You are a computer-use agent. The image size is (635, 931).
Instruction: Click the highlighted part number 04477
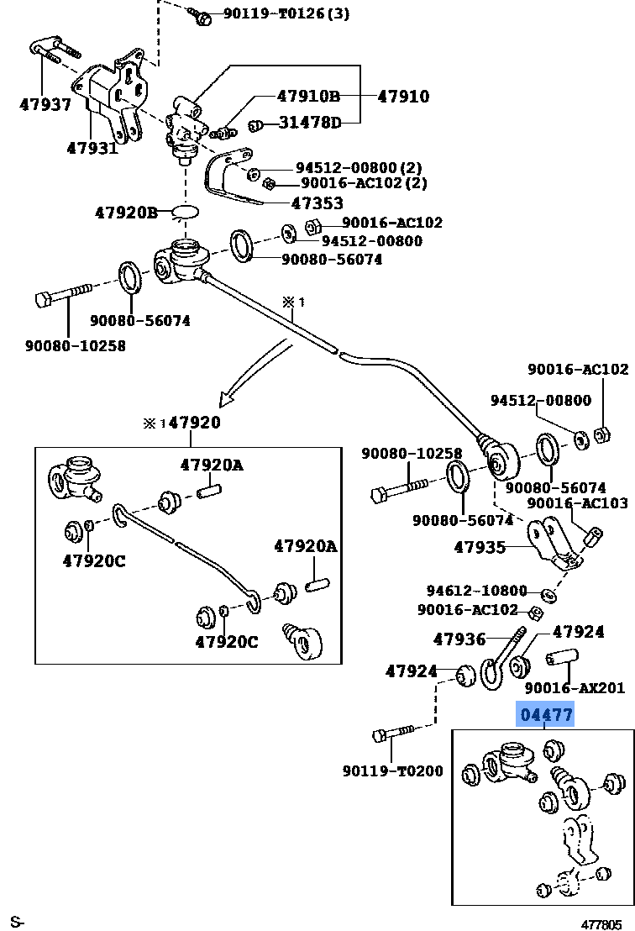pos(546,716)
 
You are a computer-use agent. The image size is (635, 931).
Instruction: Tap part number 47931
pos(90,148)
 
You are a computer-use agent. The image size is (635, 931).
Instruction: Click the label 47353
pos(317,203)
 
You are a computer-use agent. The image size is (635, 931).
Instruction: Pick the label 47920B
pos(125,213)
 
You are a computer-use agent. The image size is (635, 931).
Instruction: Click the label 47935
pos(480,548)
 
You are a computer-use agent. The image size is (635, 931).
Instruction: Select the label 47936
pos(459,639)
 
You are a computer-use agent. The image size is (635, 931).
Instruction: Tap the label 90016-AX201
pos(575,688)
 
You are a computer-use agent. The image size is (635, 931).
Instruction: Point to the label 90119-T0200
pos(392,771)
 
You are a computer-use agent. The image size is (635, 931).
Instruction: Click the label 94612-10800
pos(476,591)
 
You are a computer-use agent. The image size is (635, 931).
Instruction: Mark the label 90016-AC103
pos(578,504)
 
